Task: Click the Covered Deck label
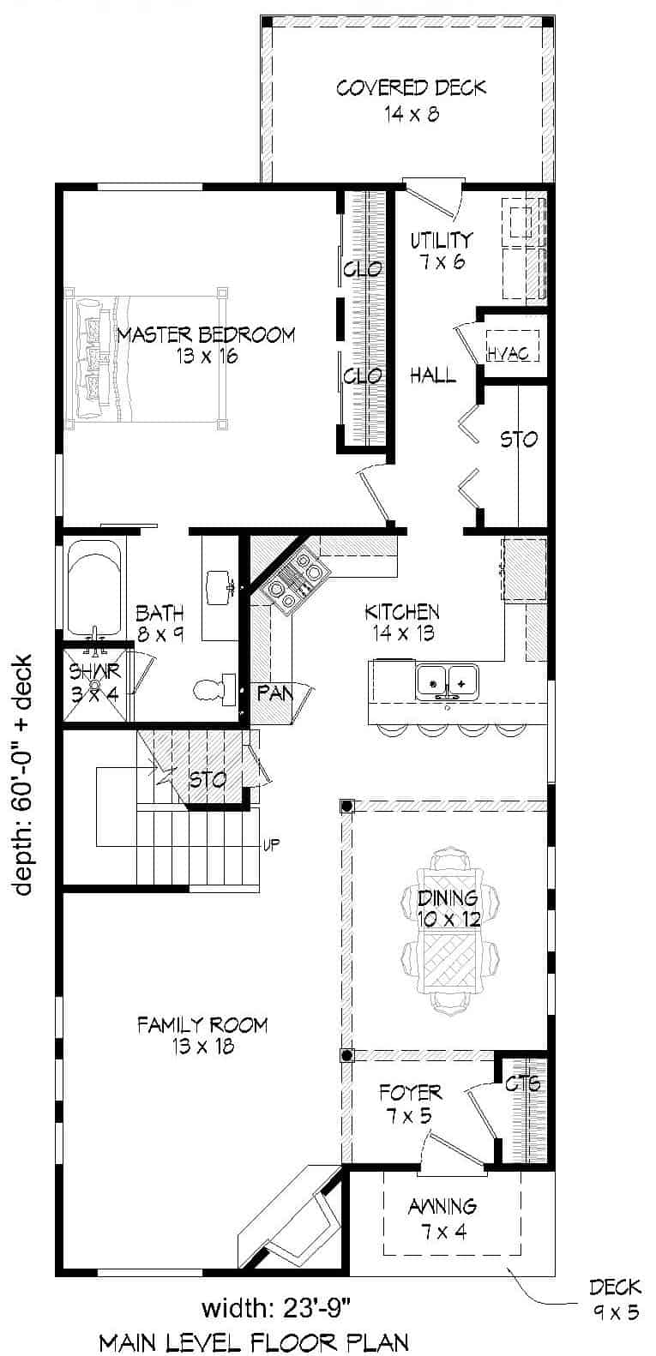point(411,99)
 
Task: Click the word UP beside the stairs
point(271,844)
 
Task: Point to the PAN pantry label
point(275,693)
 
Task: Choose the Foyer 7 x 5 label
point(410,1104)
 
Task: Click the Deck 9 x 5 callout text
point(614,1298)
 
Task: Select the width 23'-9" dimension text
point(276,1309)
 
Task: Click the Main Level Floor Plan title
point(253,1341)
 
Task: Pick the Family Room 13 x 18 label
point(202,1035)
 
